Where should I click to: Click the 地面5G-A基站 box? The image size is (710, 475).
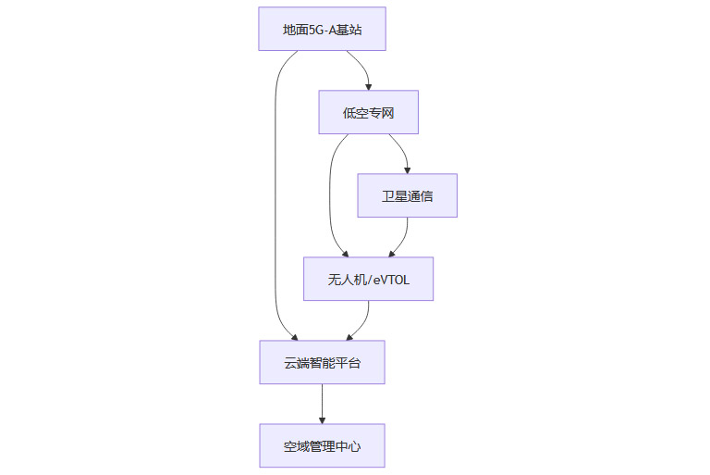tap(322, 29)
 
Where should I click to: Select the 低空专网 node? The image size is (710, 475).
tap(368, 112)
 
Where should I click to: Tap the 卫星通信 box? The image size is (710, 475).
tap(407, 195)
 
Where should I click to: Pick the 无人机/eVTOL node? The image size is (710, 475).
tap(368, 279)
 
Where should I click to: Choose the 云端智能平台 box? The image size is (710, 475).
tap(322, 362)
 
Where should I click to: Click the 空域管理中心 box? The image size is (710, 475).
tap(322, 445)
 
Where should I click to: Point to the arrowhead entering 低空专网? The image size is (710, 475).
tap(368, 86)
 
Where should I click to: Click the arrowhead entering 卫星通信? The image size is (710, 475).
tap(407, 169)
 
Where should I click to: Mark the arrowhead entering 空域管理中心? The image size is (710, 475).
tap(322, 419)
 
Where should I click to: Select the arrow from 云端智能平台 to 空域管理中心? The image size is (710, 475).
tap(322, 402)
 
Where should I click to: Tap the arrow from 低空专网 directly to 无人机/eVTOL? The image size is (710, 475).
tap(330, 194)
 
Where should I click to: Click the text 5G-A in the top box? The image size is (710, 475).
tap(323, 29)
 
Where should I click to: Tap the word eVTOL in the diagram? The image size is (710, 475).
tap(391, 279)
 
